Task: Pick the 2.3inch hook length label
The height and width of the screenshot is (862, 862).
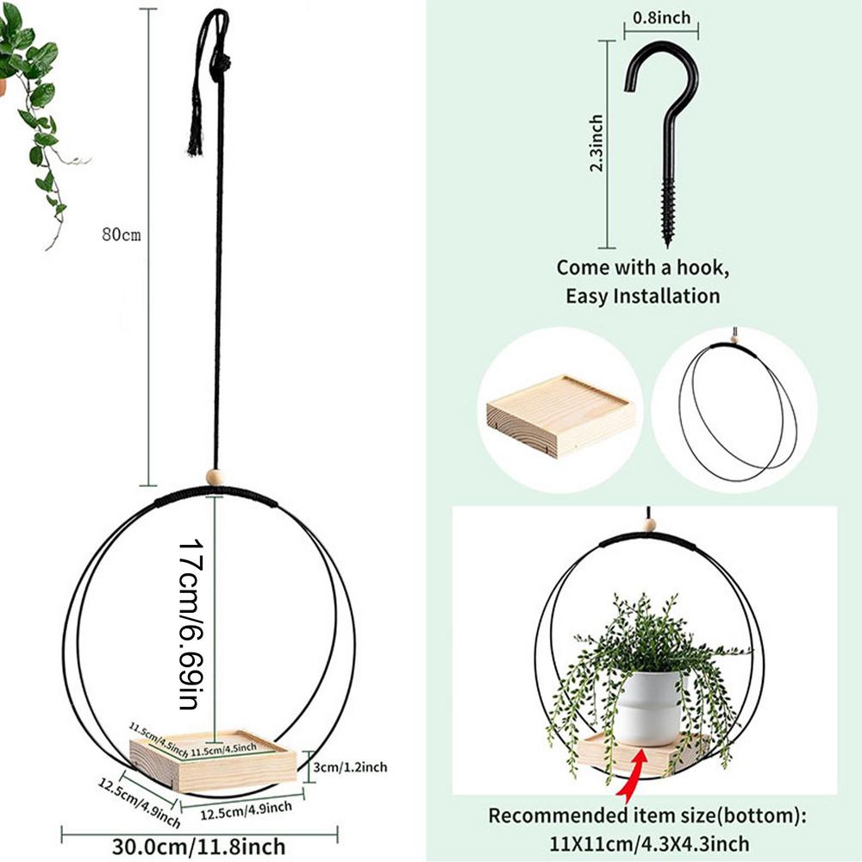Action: tap(597, 142)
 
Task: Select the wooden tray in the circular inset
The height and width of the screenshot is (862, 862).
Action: tap(560, 414)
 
